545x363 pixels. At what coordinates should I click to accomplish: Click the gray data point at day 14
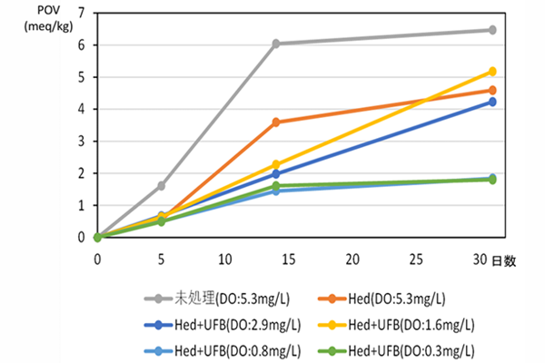(x=275, y=44)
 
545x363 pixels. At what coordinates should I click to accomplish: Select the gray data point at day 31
(x=492, y=30)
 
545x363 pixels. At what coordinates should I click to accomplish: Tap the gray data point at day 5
(x=161, y=185)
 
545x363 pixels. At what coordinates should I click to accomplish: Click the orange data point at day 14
(x=275, y=122)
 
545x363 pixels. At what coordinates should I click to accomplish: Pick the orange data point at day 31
(x=492, y=90)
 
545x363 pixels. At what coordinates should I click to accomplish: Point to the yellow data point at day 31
(x=492, y=71)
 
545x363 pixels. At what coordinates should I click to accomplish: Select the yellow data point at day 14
(x=275, y=164)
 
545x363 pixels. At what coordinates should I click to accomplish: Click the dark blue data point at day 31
(x=492, y=102)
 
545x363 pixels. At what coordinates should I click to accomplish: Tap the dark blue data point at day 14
(x=275, y=173)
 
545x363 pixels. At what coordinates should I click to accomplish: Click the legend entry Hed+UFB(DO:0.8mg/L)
(x=221, y=349)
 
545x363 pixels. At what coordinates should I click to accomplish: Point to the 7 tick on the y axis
(x=82, y=13)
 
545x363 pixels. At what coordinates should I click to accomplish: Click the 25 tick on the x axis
(x=416, y=259)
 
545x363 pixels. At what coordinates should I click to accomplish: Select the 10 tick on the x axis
(x=224, y=259)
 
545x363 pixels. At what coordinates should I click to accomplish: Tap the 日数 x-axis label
(x=505, y=260)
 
